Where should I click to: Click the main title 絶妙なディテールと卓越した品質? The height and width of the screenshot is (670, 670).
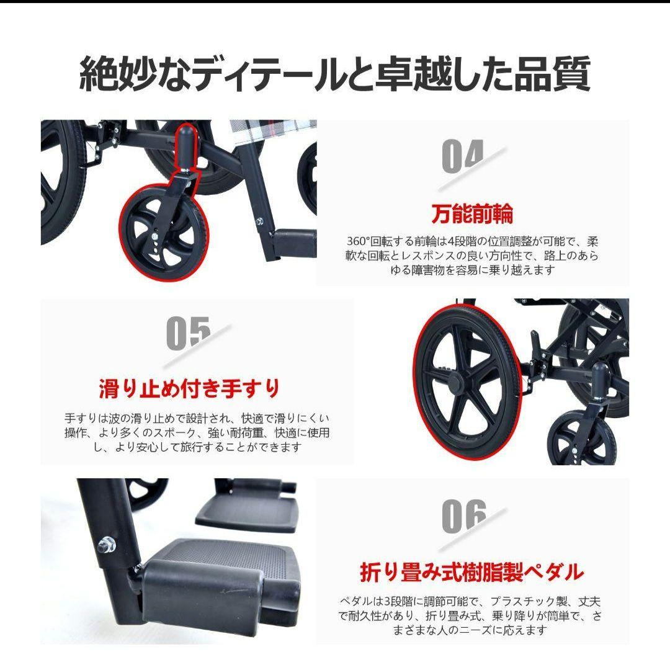[x=334, y=73]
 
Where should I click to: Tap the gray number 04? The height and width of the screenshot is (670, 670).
[x=462, y=157]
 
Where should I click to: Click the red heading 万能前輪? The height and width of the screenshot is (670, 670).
[x=473, y=214]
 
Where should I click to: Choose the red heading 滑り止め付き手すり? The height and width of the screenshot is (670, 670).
[x=190, y=389]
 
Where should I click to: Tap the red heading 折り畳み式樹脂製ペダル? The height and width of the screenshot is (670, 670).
[x=471, y=571]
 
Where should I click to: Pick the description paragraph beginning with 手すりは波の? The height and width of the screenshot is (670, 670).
[x=197, y=432]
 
